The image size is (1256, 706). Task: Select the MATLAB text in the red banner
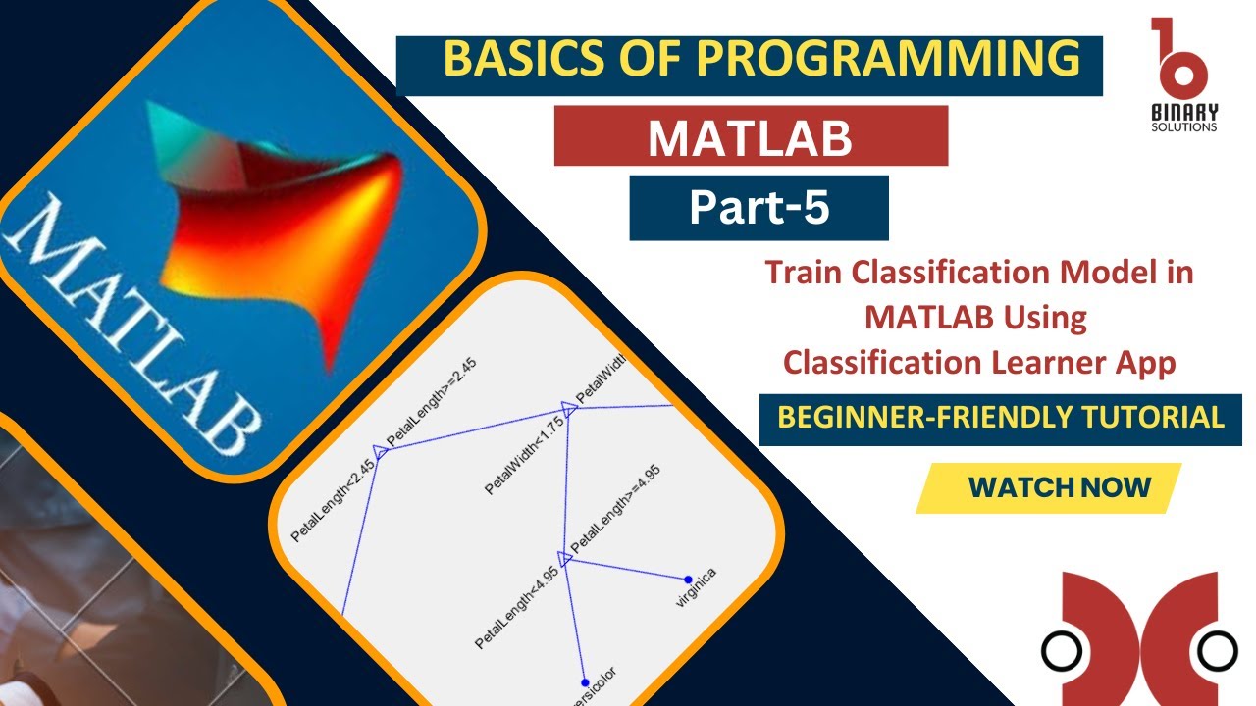coord(750,138)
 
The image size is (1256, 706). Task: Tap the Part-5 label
coord(759,208)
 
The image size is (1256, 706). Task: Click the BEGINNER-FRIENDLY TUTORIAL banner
coord(1000,417)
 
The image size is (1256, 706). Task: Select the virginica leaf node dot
coord(688,580)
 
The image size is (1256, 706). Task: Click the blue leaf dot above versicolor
coord(584,682)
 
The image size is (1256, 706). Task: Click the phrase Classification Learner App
coord(978,363)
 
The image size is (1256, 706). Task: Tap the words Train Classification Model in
coord(978,272)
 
